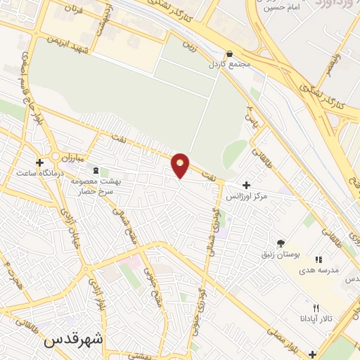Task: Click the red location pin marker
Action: tap(181, 166)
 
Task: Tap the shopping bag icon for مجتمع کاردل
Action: tap(231, 53)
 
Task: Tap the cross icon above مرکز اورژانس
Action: tap(245, 184)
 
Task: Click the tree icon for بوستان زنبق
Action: tap(281, 243)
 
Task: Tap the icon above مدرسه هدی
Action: tap(318, 259)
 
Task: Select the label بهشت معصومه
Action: tap(97, 181)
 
